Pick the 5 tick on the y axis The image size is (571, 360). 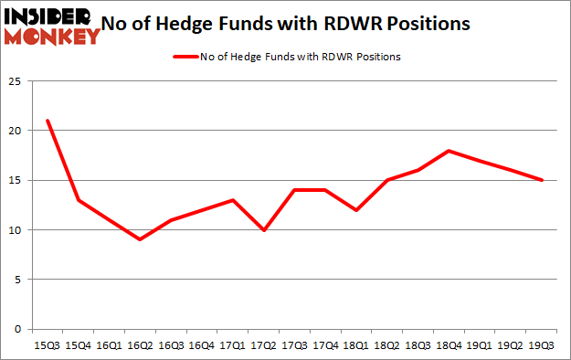[16, 279]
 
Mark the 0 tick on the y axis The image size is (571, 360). [16, 329]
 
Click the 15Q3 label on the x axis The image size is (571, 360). [47, 346]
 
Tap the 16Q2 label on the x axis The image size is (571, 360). [140, 346]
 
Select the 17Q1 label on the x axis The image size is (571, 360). [233, 346]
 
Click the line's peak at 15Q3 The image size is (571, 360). [47, 121]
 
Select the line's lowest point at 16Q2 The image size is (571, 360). [140, 239]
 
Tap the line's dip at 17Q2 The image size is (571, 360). [264, 229]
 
